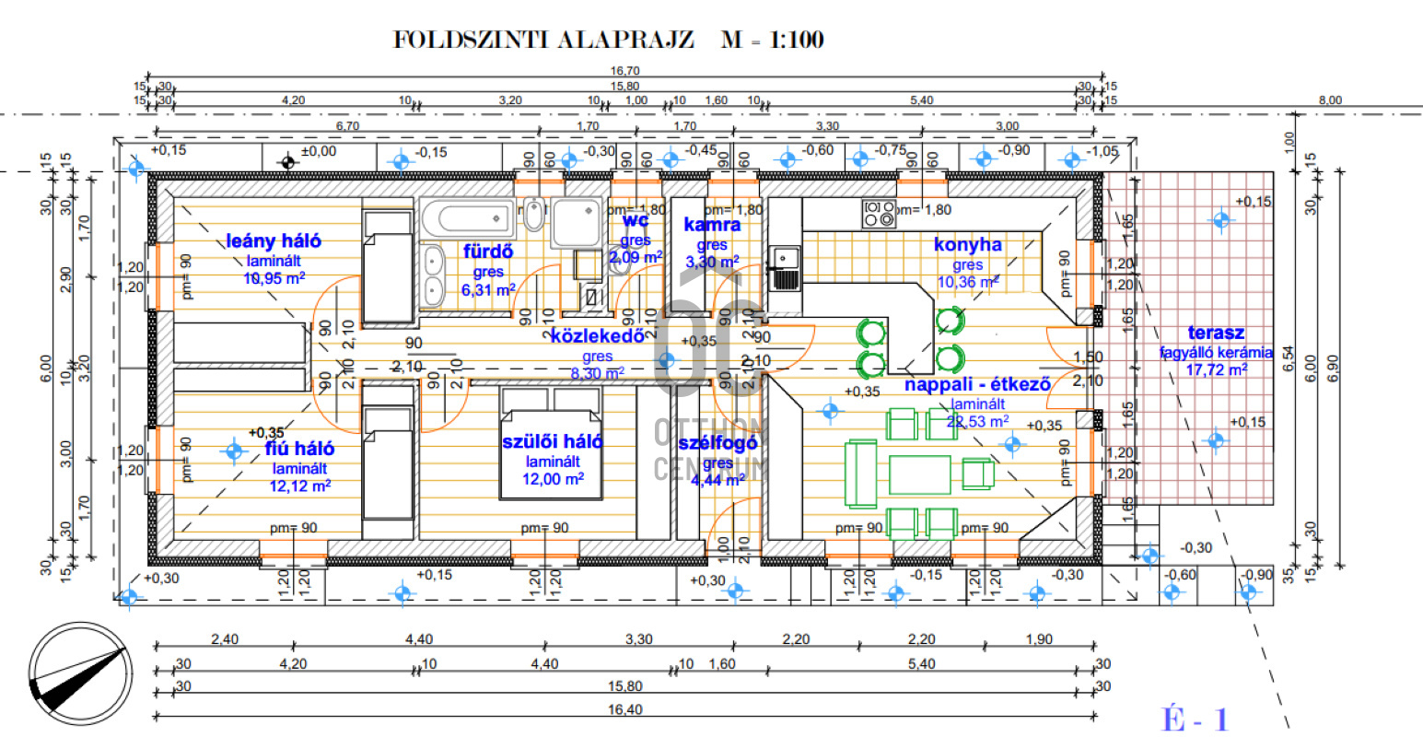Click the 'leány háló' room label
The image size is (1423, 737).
(274, 241)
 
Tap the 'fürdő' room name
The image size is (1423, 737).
(488, 252)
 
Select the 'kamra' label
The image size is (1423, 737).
(712, 225)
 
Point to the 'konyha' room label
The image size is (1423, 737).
(967, 245)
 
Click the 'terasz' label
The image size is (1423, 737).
(1216, 333)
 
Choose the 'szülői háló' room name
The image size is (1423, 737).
(553, 442)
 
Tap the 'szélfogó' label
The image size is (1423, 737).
(718, 443)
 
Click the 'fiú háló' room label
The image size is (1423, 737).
(300, 449)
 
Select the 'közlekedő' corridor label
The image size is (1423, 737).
(597, 336)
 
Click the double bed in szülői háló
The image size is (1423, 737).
(551, 442)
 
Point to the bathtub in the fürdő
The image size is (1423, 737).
(466, 218)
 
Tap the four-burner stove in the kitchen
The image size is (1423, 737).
(878, 214)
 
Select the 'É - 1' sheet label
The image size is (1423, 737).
(1195, 719)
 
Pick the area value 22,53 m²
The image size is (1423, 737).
(977, 422)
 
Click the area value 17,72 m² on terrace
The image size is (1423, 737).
(1216, 369)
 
